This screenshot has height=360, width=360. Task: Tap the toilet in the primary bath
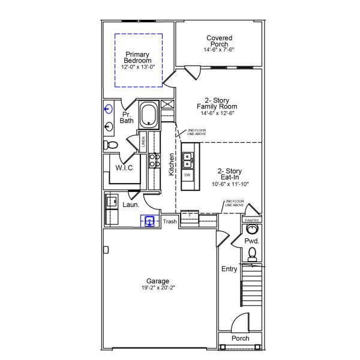pyautogui.click(x=110, y=145)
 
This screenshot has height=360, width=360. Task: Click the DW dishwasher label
pyautogui.click(x=188, y=175)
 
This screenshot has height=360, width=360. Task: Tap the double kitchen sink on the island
pyautogui.click(x=188, y=160)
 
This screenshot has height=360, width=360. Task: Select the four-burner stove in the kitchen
pyautogui.click(x=154, y=160)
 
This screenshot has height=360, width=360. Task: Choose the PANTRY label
pyautogui.click(x=251, y=220)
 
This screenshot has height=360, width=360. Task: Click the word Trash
pyautogui.click(x=170, y=222)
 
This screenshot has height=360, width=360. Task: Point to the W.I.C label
pyautogui.click(x=124, y=168)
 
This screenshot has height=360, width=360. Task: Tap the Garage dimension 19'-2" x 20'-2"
pyautogui.click(x=158, y=288)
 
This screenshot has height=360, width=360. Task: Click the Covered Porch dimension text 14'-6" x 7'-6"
pyautogui.click(x=220, y=50)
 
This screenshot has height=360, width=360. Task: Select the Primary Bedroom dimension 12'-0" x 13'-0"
pyautogui.click(x=138, y=67)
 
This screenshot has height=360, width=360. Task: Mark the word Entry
pyautogui.click(x=229, y=269)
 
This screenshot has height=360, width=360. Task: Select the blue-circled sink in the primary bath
pyautogui.click(x=109, y=109)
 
